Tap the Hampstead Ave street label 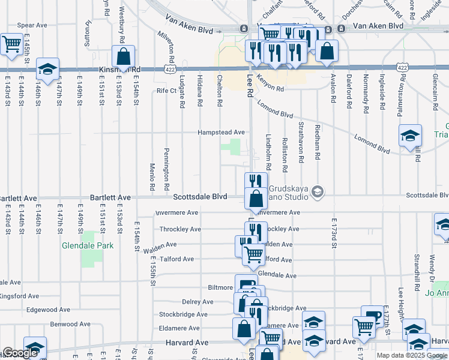tap(222, 132)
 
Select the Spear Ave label tap(32, 25)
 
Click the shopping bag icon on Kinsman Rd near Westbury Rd tap(123, 56)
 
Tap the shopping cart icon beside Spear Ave tap(11, 44)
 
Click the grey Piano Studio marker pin tap(318, 191)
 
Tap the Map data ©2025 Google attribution tap(411, 355)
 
